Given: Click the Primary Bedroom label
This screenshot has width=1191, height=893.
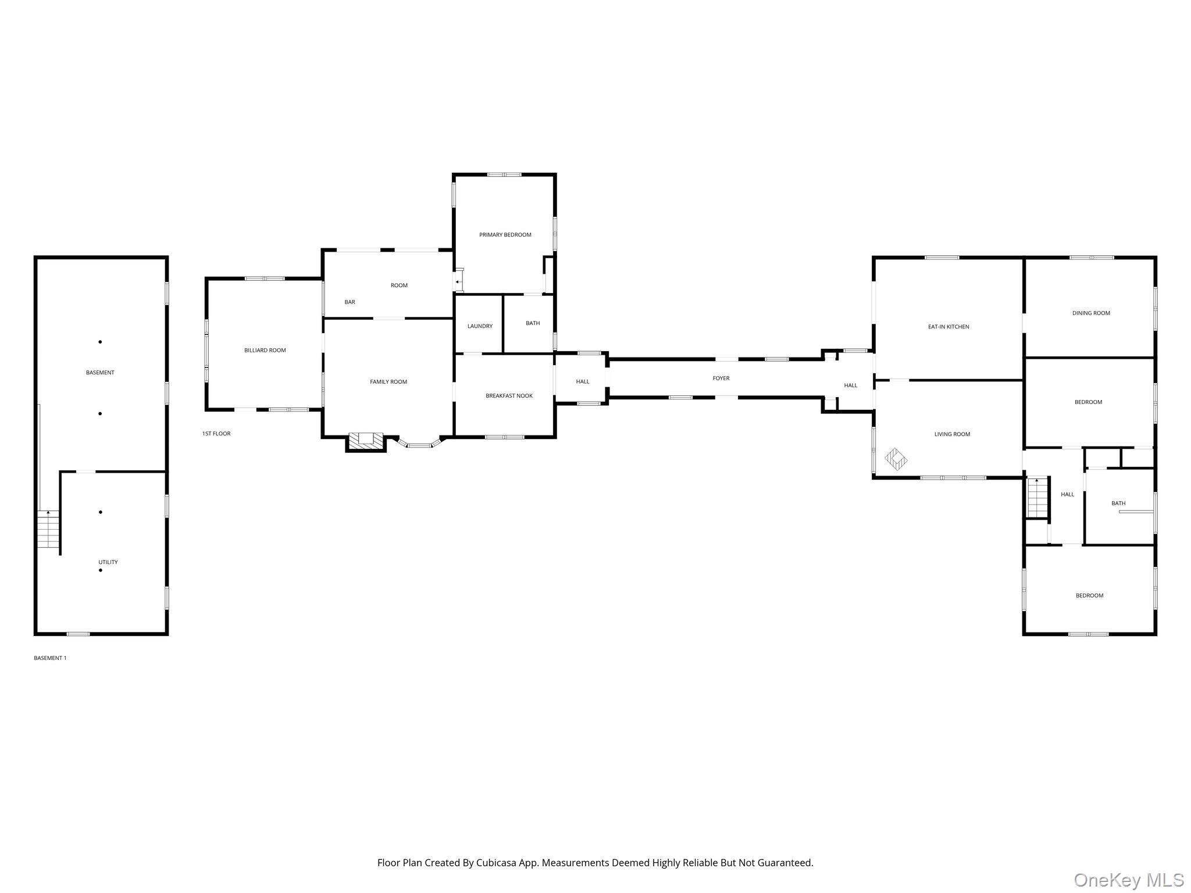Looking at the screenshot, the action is tap(505, 235).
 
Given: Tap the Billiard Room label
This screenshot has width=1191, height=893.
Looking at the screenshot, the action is tap(265, 350).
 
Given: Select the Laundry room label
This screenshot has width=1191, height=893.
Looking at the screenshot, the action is tap(480, 326).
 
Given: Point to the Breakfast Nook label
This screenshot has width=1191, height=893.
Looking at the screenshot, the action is tap(509, 396).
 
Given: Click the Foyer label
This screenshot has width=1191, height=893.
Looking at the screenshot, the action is tap(721, 378).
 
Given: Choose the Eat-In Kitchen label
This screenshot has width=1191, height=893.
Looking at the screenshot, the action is tap(948, 327).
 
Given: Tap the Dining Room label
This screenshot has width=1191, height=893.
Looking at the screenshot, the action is tap(1091, 313).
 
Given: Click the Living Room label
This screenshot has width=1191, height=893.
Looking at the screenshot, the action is tap(952, 434).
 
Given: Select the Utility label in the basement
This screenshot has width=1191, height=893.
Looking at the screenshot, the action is tap(108, 562).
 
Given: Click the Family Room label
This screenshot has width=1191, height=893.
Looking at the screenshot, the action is tap(388, 382).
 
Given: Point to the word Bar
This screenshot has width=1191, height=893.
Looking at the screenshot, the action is tap(350, 302).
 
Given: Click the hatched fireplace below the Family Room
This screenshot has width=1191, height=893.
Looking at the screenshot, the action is tap(366, 442).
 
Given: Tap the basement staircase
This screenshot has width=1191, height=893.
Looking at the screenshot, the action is tap(48, 529).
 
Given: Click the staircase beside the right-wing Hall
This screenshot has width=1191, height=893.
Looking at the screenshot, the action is tap(1037, 497).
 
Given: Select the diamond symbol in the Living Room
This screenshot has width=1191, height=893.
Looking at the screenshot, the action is tap(896, 459).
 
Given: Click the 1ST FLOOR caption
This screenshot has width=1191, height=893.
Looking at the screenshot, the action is tap(216, 434).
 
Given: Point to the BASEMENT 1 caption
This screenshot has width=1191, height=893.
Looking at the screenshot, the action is tap(50, 658).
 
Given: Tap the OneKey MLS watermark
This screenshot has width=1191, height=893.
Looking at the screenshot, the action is tap(1129, 880).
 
